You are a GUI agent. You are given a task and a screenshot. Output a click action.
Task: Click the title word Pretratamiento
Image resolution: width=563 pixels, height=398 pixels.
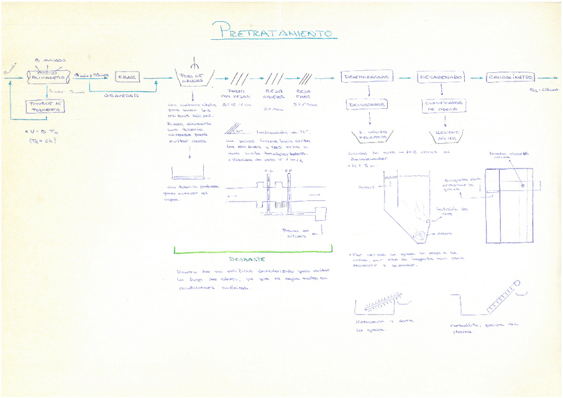pos(276,31)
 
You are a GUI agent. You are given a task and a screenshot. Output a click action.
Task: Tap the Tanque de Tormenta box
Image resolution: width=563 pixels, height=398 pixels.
pos(44,107)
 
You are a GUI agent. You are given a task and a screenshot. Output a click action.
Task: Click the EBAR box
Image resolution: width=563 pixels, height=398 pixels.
pos(127,77)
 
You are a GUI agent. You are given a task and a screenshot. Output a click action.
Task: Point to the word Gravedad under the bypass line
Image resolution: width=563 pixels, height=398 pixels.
pos(121,96)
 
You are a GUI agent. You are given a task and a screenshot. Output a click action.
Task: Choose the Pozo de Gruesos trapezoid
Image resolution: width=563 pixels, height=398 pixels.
pos(193,78)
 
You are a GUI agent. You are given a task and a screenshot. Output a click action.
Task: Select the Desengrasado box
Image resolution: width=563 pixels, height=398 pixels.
pos(364,77)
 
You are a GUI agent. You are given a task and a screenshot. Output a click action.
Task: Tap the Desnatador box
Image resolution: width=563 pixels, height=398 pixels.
pos(364,105)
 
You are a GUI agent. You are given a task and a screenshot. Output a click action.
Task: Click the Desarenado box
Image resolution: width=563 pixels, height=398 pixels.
pos(441,77)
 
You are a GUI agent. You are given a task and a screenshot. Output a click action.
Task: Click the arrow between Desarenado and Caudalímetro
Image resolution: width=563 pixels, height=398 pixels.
pos(475,77)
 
